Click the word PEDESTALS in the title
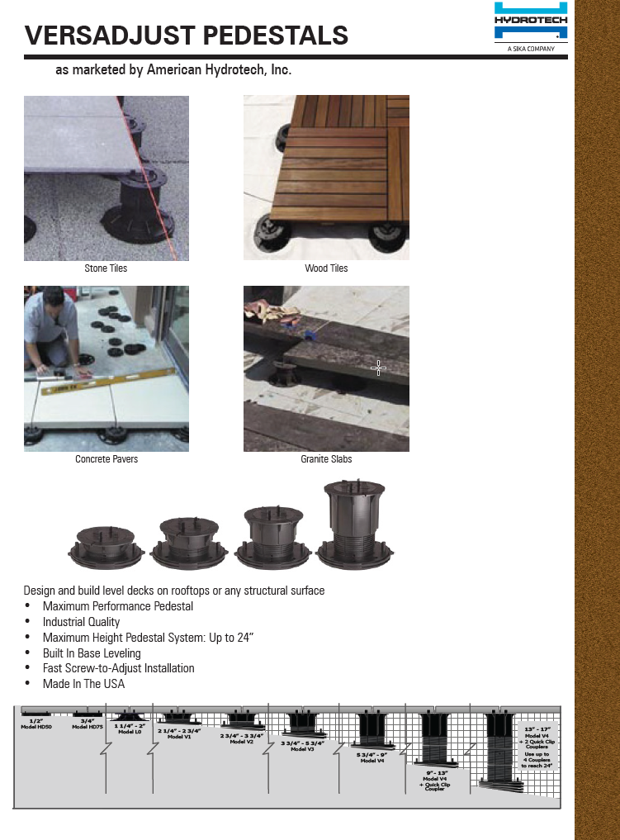(x=275, y=36)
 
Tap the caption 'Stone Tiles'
(x=106, y=268)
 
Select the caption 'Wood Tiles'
(x=326, y=268)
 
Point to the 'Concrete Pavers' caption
(x=106, y=459)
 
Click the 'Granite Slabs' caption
(x=326, y=459)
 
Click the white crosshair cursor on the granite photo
(x=378, y=368)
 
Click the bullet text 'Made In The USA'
(x=84, y=684)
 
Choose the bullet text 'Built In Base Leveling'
(x=92, y=653)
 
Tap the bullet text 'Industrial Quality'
(x=82, y=622)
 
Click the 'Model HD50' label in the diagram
(x=35, y=727)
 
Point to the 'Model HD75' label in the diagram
(x=88, y=727)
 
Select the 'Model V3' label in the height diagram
(x=303, y=749)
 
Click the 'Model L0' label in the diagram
(x=130, y=732)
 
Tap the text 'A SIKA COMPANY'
(x=531, y=49)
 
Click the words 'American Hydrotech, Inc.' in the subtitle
(x=219, y=70)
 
